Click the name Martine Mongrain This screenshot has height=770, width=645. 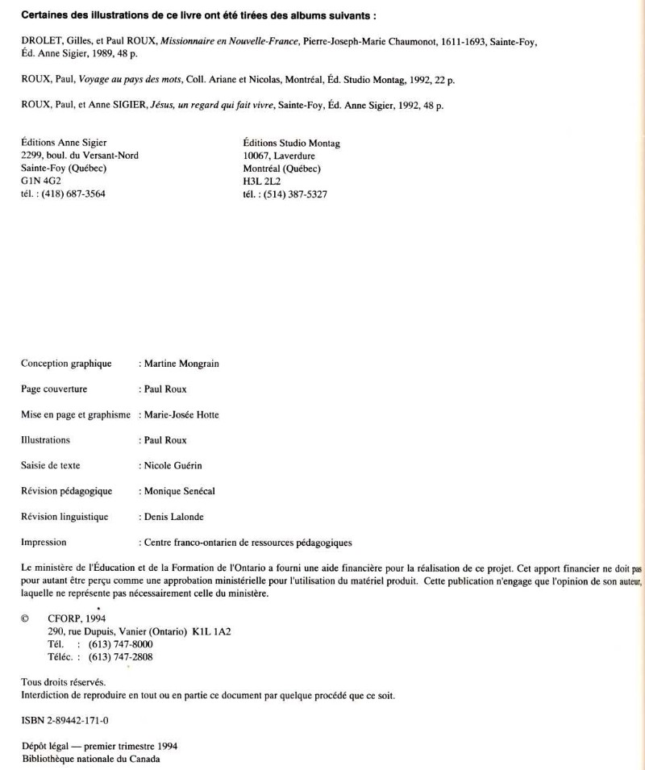coord(181,364)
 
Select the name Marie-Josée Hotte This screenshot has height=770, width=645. coord(181,414)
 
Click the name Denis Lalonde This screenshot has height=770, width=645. coord(175,517)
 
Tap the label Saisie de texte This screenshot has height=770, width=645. coord(51,465)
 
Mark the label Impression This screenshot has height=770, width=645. coord(44,543)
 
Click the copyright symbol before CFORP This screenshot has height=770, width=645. coord(25,618)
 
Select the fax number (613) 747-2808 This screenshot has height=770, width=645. coord(126,657)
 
